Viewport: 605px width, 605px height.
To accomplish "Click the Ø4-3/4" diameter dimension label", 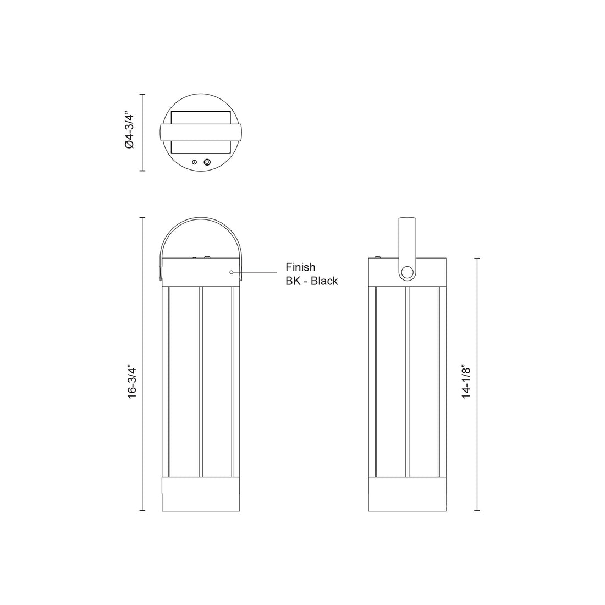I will pos(129,130).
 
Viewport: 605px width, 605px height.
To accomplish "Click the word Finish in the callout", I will pos(300,267).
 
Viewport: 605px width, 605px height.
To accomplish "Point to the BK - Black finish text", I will pos(311,281).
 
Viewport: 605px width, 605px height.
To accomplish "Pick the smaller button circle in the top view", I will pos(194,162).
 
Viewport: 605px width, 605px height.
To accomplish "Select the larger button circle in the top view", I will pos(207,162).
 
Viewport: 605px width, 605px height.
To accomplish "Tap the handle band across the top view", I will pos(201,133).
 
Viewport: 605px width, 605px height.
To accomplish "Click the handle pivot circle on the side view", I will pos(407,272).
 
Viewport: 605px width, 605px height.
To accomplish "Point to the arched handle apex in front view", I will pos(201,218).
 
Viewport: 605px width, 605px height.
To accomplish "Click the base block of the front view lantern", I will pos(201,495).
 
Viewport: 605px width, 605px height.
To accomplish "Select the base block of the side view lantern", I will pos(406,495).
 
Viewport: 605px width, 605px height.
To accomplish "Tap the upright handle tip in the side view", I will pos(408,221).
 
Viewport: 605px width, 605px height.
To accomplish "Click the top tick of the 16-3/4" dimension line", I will pos(143,218).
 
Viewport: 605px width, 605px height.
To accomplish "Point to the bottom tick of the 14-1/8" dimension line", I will pos(477,511).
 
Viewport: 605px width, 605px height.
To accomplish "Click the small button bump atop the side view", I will pos(377,256).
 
